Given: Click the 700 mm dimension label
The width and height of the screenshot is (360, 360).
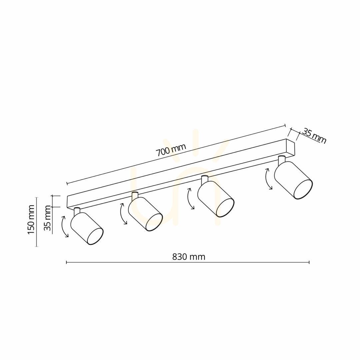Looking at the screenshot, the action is point(171,150).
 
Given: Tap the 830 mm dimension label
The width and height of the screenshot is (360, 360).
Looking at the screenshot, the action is point(189,256).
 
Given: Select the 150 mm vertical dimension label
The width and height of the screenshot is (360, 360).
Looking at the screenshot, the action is point(31,220).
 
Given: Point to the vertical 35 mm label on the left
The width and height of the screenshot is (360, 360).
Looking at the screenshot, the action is point(48,218).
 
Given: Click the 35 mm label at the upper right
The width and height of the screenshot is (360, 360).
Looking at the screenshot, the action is point(314,136).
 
